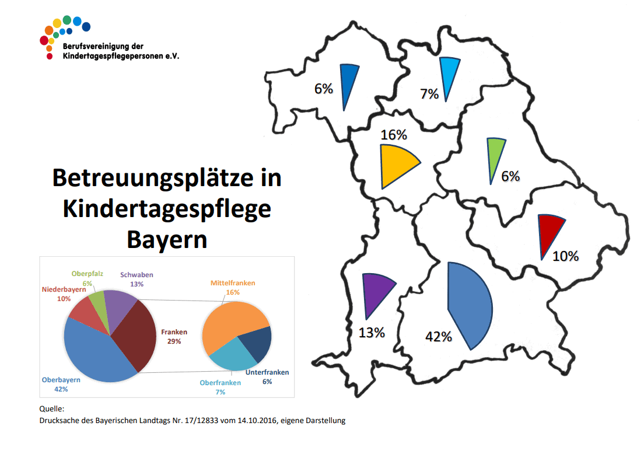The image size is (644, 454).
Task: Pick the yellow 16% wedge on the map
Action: tap(395, 164)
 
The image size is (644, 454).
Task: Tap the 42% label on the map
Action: tap(438, 337)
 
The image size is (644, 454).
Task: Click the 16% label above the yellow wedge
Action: tap(393, 135)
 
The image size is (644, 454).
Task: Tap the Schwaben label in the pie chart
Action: tap(136, 275)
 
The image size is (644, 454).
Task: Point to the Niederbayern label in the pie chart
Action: tap(64, 290)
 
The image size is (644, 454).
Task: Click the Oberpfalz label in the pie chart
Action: tap(87, 274)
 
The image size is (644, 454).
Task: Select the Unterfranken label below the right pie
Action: tap(267, 372)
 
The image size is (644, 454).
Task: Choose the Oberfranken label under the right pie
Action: tap(220, 383)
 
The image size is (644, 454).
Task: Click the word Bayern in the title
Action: tap(167, 239)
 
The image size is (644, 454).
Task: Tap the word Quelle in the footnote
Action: tap(51, 410)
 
